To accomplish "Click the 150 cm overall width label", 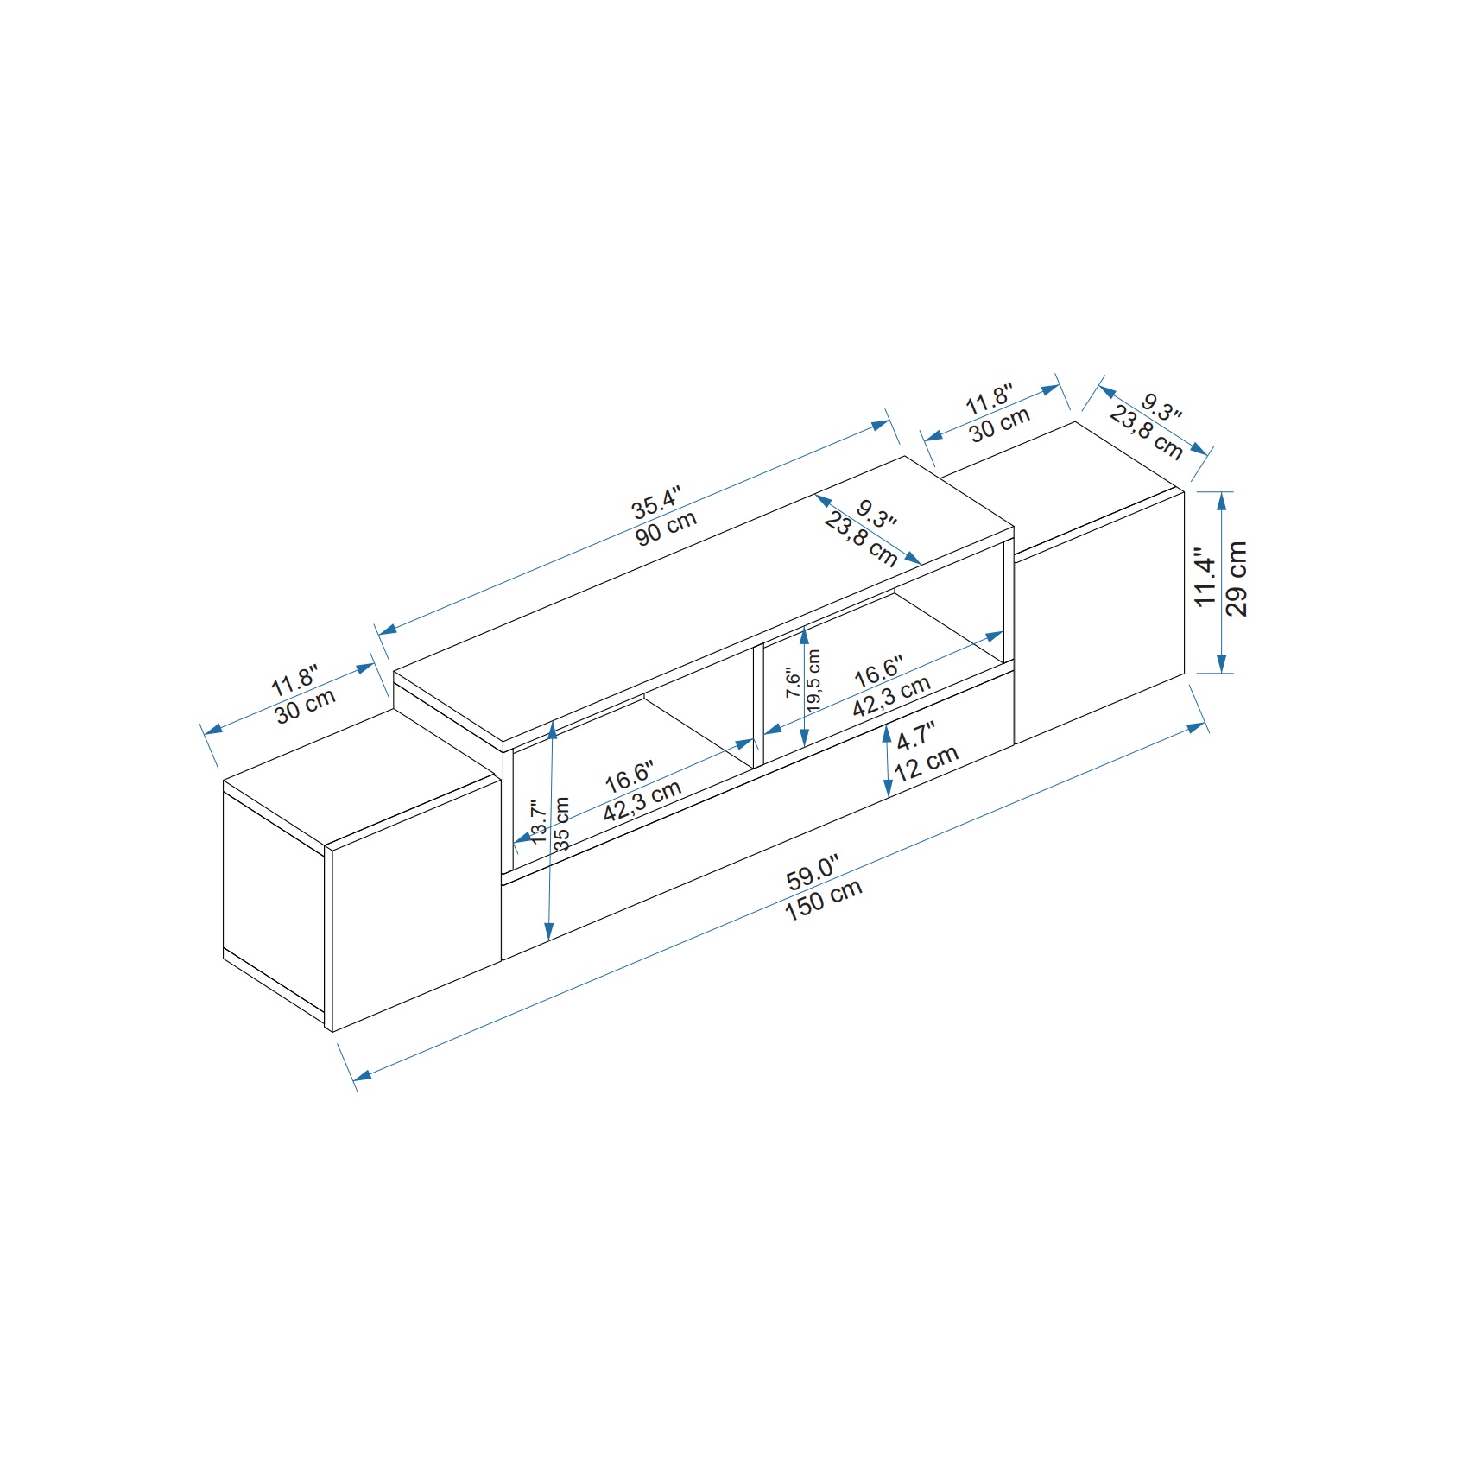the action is [x=824, y=900].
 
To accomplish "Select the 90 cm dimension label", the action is [x=666, y=528].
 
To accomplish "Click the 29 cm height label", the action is [x=1237, y=579].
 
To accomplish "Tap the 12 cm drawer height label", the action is [x=927, y=763].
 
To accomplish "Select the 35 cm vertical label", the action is [x=561, y=823].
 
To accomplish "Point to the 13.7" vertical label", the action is [x=538, y=821].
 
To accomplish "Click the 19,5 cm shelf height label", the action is [x=813, y=680].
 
